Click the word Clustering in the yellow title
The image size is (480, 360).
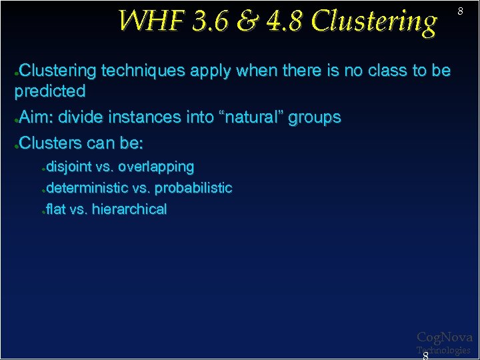(374, 21)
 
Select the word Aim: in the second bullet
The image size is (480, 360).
(37, 118)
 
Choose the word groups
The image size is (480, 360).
(315, 118)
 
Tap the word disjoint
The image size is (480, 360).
(69, 167)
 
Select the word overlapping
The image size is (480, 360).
(156, 167)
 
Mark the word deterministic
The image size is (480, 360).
(87, 188)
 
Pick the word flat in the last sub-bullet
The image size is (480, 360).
(56, 209)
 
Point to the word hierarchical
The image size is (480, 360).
(129, 209)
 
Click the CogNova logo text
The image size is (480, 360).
(444, 338)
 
